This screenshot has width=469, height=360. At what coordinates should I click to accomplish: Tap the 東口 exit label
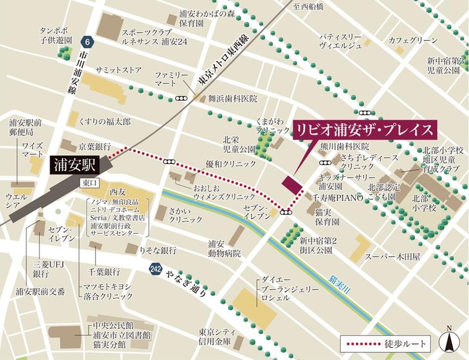[89, 182]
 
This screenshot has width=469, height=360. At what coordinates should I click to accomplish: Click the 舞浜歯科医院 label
[233, 99]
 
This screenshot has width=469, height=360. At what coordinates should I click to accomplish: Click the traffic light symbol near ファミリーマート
[181, 98]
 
